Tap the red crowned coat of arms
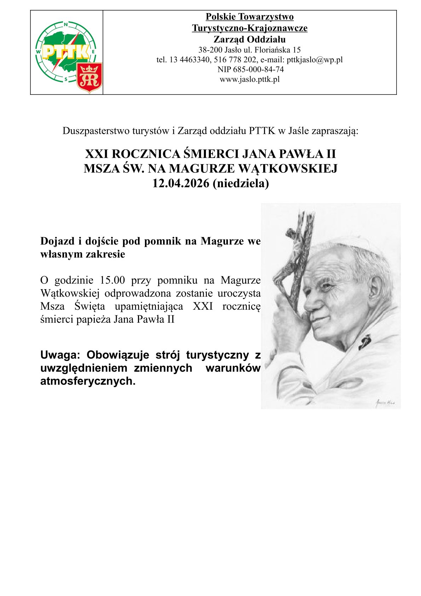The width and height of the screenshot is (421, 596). [x=90, y=78]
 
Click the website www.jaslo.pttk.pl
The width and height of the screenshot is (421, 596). [x=249, y=79]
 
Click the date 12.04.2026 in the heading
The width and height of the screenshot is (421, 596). [x=181, y=183]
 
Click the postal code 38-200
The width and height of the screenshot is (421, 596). [x=210, y=50]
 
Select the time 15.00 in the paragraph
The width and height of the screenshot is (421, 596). [x=113, y=280]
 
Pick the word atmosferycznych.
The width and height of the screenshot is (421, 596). [x=88, y=381]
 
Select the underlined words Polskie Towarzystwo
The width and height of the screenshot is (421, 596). [x=249, y=17]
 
